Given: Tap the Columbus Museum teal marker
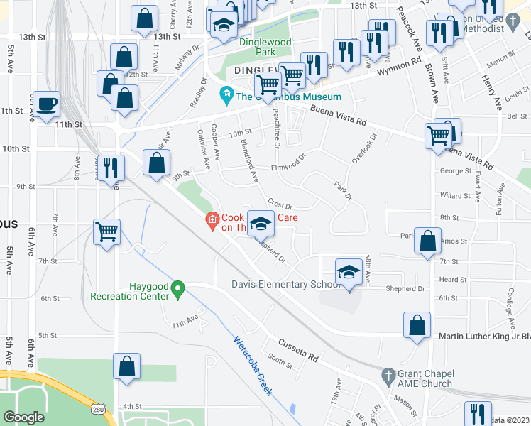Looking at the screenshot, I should [x=226, y=94].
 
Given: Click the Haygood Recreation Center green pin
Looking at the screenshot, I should [x=179, y=288].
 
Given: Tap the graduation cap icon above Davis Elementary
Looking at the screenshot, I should [x=349, y=272].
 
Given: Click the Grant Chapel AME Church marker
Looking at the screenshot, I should [x=388, y=374].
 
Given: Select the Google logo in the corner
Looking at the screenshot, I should [x=24, y=417].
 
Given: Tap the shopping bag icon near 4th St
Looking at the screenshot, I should [x=128, y=367].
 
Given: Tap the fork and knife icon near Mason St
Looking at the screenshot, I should [x=477, y=415].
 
